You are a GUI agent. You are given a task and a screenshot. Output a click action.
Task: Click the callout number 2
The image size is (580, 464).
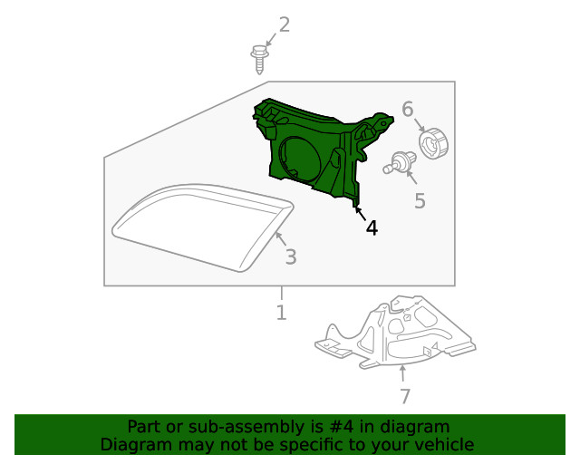(285, 24)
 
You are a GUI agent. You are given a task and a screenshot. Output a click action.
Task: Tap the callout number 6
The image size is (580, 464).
(408, 110)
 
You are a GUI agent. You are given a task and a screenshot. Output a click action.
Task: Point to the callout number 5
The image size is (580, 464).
(420, 200)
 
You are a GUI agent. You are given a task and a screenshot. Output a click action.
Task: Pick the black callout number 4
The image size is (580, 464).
(372, 227)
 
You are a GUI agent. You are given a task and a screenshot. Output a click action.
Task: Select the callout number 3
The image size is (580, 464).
(290, 257)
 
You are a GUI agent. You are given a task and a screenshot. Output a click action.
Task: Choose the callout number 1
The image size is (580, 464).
(281, 313)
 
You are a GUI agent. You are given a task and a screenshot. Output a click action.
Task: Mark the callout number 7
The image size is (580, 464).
(405, 396)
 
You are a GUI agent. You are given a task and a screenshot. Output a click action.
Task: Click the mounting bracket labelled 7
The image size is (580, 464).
(399, 331)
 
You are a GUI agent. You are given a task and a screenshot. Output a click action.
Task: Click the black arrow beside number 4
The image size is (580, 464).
(360, 213)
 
